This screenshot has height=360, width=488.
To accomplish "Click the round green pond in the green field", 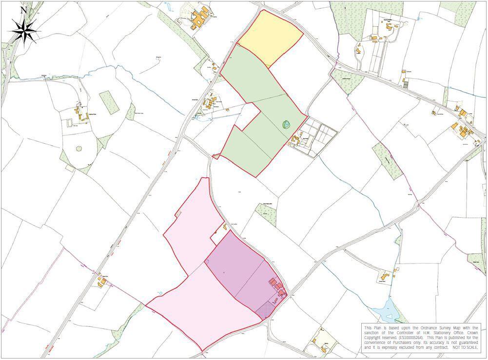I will pos(286,125).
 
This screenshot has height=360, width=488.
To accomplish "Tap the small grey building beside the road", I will pos(406,85).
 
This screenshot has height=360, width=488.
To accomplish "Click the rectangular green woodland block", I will pos(109,102).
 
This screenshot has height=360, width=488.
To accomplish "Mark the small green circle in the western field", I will pos(78,148).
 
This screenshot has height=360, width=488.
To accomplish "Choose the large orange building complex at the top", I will pos(199,20).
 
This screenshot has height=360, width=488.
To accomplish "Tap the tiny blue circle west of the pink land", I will pos(160,292).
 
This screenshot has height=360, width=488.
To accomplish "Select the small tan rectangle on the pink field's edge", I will pos(178,213).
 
